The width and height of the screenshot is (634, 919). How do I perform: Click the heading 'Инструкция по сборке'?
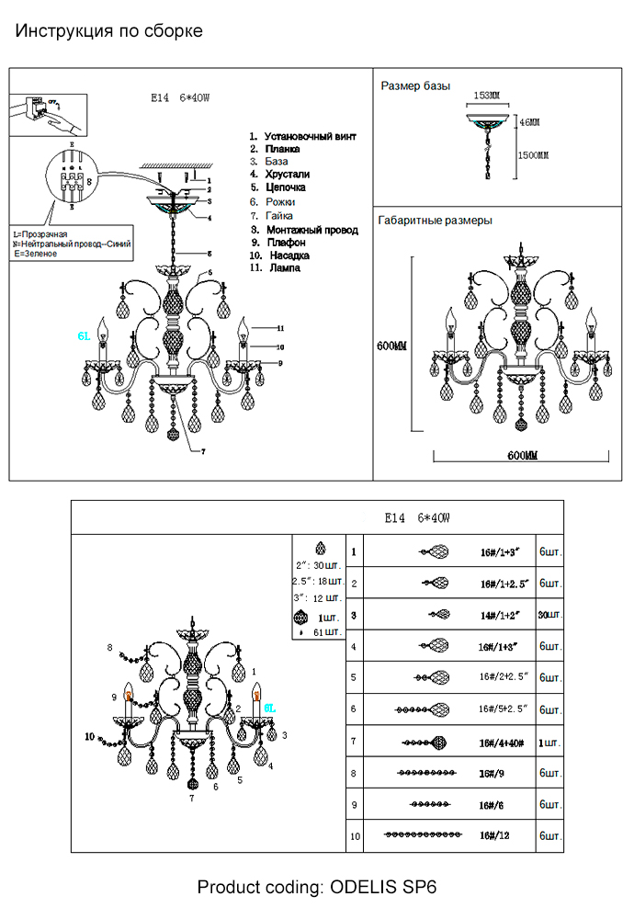tap(109, 31)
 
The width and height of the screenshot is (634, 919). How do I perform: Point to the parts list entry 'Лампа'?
tap(283, 267)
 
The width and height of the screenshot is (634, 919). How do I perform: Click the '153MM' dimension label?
tap(486, 96)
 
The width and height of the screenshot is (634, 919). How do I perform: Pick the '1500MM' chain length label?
tap(533, 155)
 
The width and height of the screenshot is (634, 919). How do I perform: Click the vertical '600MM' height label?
tap(391, 346)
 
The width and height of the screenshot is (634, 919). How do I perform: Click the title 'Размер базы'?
tap(415, 86)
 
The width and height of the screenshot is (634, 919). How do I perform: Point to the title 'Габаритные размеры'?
tap(435, 221)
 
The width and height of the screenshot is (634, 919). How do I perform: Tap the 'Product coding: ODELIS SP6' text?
tap(317, 888)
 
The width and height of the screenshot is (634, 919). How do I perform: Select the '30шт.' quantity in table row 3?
tap(549, 615)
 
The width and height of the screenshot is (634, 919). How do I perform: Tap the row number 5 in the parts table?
tap(353, 677)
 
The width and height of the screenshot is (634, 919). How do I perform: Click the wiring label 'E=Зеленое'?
tap(36, 254)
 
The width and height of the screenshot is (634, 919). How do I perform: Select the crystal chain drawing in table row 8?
tap(425, 773)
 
